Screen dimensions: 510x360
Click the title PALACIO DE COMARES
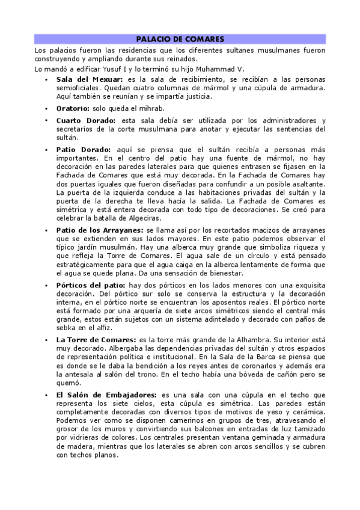click(180, 38)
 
